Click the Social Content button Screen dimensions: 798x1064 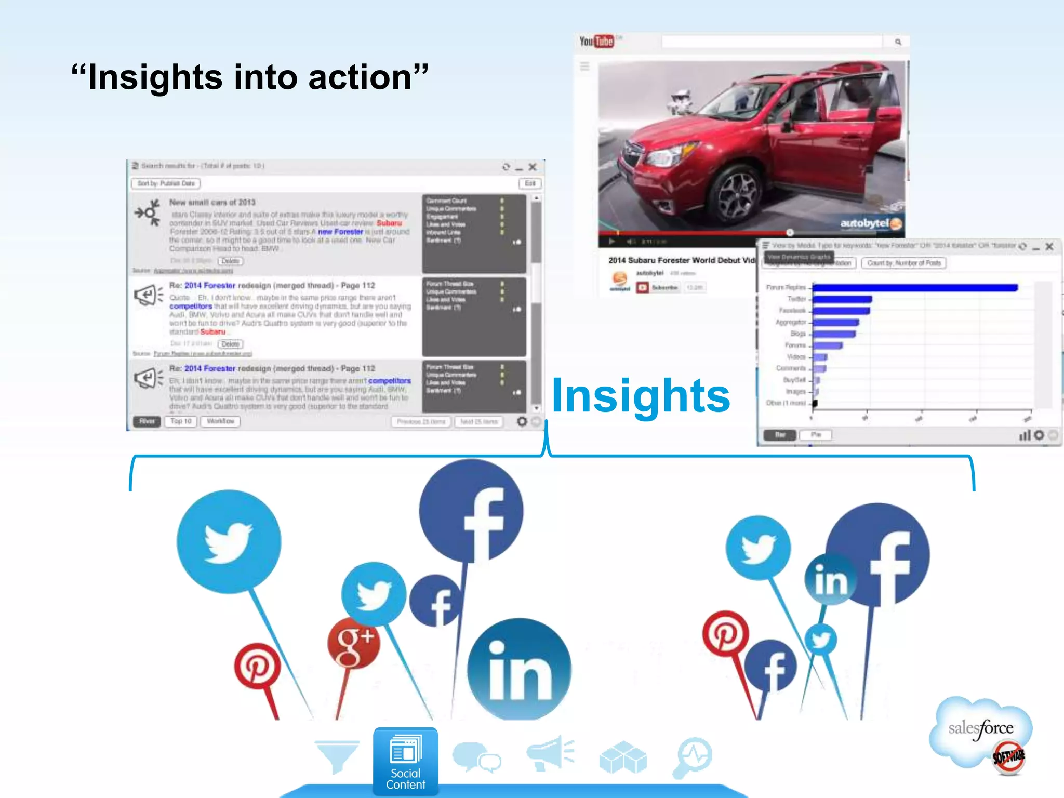[x=405, y=761]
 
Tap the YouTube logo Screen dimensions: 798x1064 [x=596, y=41]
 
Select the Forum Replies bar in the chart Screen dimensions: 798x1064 [x=914, y=287]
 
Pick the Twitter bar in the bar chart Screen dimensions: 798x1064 [x=842, y=299]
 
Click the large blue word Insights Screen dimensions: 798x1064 [x=641, y=396]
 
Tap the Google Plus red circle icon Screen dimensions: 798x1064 [x=354, y=643]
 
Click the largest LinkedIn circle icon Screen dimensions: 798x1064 [x=519, y=670]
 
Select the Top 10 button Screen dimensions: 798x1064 [x=181, y=421]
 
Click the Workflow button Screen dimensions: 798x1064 [x=220, y=421]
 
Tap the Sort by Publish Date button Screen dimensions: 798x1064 [x=166, y=183]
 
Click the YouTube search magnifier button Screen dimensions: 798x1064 [x=898, y=42]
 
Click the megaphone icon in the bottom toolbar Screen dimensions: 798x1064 [x=550, y=753]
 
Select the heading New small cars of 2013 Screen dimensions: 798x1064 [x=212, y=202]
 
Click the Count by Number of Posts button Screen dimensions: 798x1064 [x=903, y=263]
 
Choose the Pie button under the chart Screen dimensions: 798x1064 [x=816, y=435]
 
